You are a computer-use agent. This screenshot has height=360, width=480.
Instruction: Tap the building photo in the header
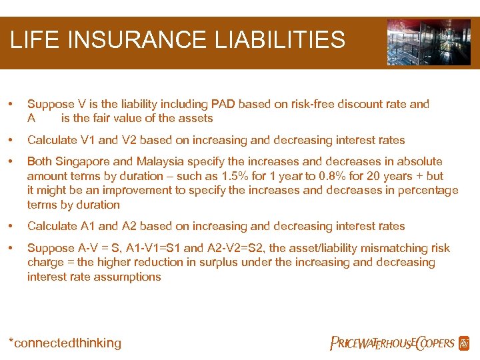(429, 42)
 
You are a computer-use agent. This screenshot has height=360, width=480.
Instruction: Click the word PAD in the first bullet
(224, 104)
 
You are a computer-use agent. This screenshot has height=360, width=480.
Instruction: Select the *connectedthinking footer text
(65, 343)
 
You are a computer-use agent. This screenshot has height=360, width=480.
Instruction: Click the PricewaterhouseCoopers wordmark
(392, 343)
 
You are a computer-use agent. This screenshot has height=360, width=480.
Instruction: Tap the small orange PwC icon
(464, 343)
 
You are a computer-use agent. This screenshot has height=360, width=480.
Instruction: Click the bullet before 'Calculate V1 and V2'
(9, 140)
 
